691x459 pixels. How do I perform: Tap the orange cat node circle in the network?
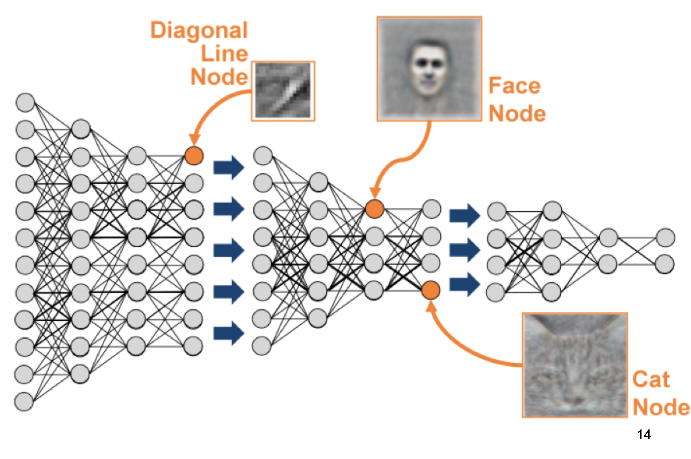coord(430,290)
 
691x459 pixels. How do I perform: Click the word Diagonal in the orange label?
coord(199,30)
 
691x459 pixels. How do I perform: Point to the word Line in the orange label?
coord(224,54)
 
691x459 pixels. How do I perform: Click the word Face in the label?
coord(514,86)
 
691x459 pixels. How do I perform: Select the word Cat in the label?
coord(651,379)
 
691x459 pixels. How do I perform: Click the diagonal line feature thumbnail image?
coord(283,91)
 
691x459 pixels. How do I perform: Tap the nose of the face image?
coord(428,75)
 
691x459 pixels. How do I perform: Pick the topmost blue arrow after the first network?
coord(228,168)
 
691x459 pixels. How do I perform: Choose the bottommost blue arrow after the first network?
coord(228,333)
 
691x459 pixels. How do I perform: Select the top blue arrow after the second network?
coord(464,216)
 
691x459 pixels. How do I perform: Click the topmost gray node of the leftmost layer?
coord(25,102)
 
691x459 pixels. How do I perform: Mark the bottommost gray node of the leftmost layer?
coord(24,401)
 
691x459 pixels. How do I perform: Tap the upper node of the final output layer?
coord(666,238)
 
